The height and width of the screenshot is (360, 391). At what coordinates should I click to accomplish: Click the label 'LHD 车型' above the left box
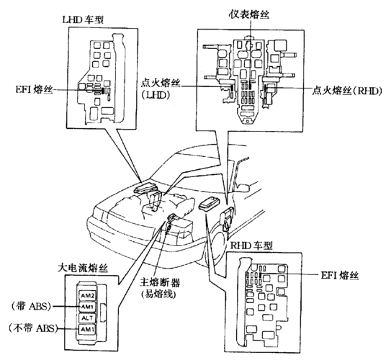pos(83,20)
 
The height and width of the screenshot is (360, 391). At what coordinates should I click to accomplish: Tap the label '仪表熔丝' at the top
pos(249,14)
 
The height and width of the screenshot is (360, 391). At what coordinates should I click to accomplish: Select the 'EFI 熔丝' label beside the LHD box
pos(35,89)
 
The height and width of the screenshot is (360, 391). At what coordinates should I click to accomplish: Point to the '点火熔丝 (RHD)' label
pos(347,91)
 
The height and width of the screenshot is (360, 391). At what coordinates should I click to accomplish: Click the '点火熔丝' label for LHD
pos(161,83)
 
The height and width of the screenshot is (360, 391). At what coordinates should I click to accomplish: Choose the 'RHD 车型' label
pos(251,246)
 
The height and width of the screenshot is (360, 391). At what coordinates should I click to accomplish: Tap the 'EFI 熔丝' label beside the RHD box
pos(340,275)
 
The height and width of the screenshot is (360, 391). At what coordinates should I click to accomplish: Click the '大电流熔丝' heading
pos(83,268)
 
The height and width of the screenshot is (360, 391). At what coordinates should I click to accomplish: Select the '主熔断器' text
pos(160,283)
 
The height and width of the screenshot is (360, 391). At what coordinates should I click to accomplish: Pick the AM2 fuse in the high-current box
pos(87,296)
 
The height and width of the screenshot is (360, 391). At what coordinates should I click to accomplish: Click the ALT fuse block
pos(87,318)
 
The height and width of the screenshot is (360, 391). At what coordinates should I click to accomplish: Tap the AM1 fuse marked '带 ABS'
pos(87,307)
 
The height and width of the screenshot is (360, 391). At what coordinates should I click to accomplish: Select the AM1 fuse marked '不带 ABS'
pos(87,329)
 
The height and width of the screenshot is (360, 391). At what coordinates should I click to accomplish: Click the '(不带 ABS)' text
pos(32,328)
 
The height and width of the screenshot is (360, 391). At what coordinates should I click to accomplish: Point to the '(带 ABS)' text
pos(31,306)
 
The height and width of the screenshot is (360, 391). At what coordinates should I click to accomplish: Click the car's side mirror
pos(243,187)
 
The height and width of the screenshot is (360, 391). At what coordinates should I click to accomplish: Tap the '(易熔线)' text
pos(158,294)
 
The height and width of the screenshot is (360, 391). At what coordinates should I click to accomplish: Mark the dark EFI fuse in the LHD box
pos(102,91)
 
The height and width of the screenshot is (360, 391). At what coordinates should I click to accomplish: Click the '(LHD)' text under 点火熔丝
pos(156,95)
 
